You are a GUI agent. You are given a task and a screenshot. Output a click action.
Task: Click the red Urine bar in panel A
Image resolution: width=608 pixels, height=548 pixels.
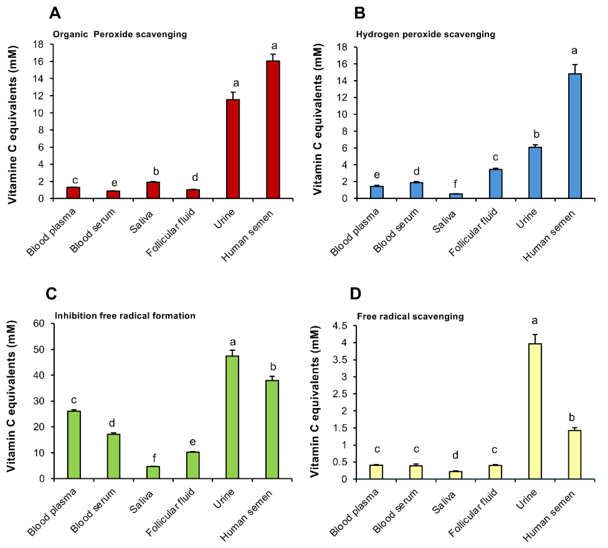click(x=233, y=149)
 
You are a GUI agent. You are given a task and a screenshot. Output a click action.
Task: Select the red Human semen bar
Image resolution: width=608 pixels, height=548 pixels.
click(x=273, y=129)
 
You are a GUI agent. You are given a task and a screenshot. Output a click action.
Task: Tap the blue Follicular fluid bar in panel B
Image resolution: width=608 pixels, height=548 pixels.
click(x=496, y=184)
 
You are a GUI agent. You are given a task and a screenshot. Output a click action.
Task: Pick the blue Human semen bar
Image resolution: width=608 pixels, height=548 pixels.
click(x=575, y=136)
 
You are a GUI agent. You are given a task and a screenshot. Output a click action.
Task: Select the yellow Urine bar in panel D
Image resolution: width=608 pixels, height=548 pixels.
click(x=535, y=411)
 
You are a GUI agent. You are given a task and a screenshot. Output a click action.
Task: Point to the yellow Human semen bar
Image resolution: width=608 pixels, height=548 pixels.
click(x=575, y=454)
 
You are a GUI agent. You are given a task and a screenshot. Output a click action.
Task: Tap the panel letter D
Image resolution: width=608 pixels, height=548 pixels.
click(x=355, y=294)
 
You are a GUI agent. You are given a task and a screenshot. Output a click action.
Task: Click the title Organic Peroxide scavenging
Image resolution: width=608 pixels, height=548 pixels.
click(x=120, y=34)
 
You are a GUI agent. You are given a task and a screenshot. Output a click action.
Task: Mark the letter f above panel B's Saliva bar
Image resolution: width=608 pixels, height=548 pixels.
click(x=455, y=183)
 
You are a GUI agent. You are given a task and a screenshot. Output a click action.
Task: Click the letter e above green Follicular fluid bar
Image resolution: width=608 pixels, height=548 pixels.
click(x=193, y=442)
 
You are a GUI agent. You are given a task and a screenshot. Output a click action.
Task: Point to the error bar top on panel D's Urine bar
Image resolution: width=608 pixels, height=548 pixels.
click(x=535, y=335)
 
